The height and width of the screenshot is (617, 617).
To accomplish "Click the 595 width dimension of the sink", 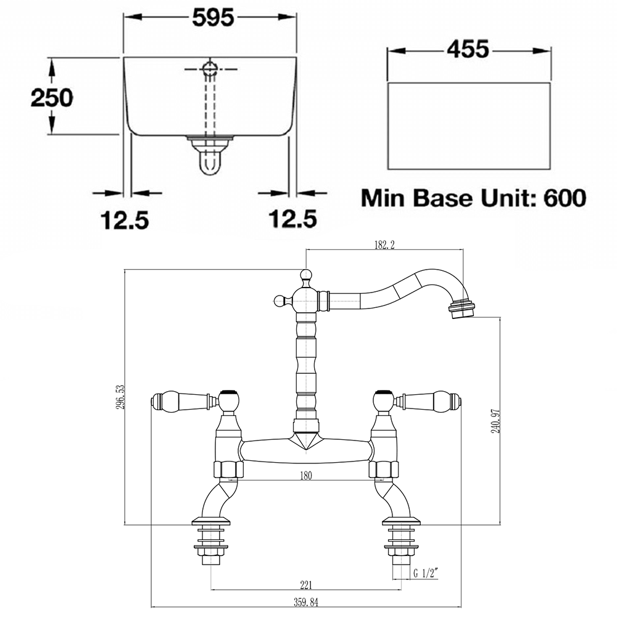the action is [x=213, y=18].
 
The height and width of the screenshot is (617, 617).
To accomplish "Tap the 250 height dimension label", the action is [x=52, y=97].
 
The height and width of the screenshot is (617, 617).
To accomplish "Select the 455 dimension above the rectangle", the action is [x=468, y=49].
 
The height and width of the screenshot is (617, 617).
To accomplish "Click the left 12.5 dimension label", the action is [x=125, y=220].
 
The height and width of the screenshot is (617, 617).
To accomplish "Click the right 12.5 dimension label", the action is [x=292, y=219].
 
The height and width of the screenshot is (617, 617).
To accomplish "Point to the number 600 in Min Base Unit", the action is [x=565, y=198].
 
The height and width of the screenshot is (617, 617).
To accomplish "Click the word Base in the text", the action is [x=442, y=198].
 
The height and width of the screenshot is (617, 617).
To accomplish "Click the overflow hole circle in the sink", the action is [x=210, y=68].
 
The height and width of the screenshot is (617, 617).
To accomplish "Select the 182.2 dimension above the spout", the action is [x=384, y=244].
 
